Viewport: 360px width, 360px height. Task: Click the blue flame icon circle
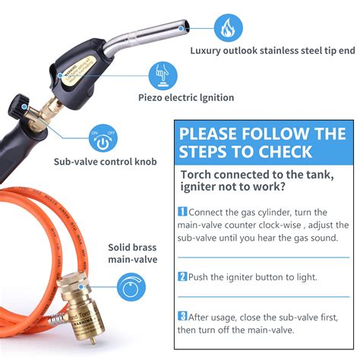(x=226, y=28)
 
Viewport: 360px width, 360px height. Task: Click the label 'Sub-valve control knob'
(x=104, y=162)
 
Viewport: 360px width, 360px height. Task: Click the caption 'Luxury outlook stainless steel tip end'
(x=272, y=52)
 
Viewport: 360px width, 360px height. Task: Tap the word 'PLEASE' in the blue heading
(x=216, y=134)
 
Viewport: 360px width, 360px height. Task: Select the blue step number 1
(x=182, y=212)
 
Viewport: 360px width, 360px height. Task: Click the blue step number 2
(x=182, y=276)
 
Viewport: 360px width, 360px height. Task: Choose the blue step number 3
(x=182, y=315)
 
